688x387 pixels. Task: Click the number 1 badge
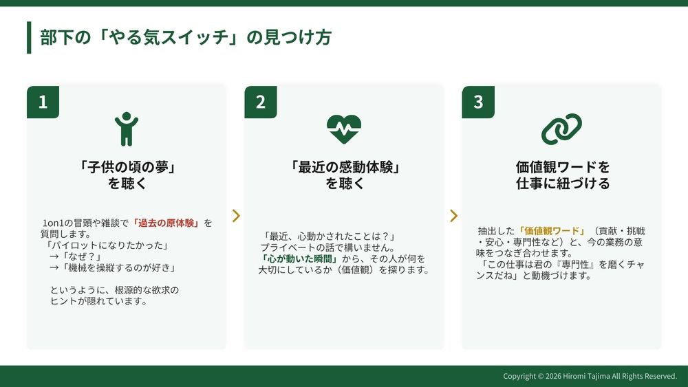[x=43, y=102]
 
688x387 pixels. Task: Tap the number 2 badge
[x=261, y=102]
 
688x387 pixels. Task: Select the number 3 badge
[x=478, y=102]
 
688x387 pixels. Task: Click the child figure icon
[x=127, y=129]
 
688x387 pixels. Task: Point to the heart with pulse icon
[x=344, y=129]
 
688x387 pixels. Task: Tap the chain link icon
[x=561, y=129]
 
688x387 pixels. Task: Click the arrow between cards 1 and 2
[x=236, y=216]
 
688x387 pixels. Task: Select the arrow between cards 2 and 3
[x=453, y=216]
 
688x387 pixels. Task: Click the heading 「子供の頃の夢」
[x=127, y=167]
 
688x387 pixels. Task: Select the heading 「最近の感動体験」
[x=345, y=167]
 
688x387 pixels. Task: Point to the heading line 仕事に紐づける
[x=563, y=184]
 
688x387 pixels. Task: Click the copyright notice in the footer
[x=590, y=376]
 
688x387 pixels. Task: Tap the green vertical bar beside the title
[x=29, y=37]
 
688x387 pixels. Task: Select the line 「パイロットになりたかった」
[x=107, y=245]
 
